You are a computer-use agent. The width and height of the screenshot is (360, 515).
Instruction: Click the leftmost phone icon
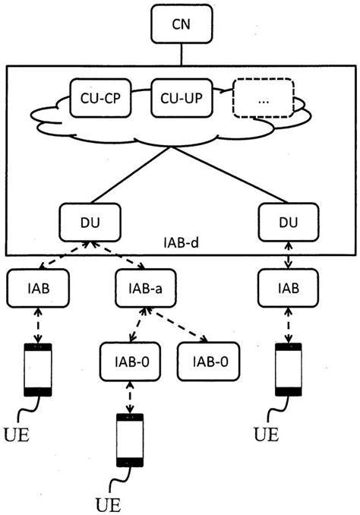click(x=38, y=371)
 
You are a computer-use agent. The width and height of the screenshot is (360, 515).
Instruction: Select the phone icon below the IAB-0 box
click(x=128, y=441)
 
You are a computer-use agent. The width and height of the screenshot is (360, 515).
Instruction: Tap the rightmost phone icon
click(x=289, y=371)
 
